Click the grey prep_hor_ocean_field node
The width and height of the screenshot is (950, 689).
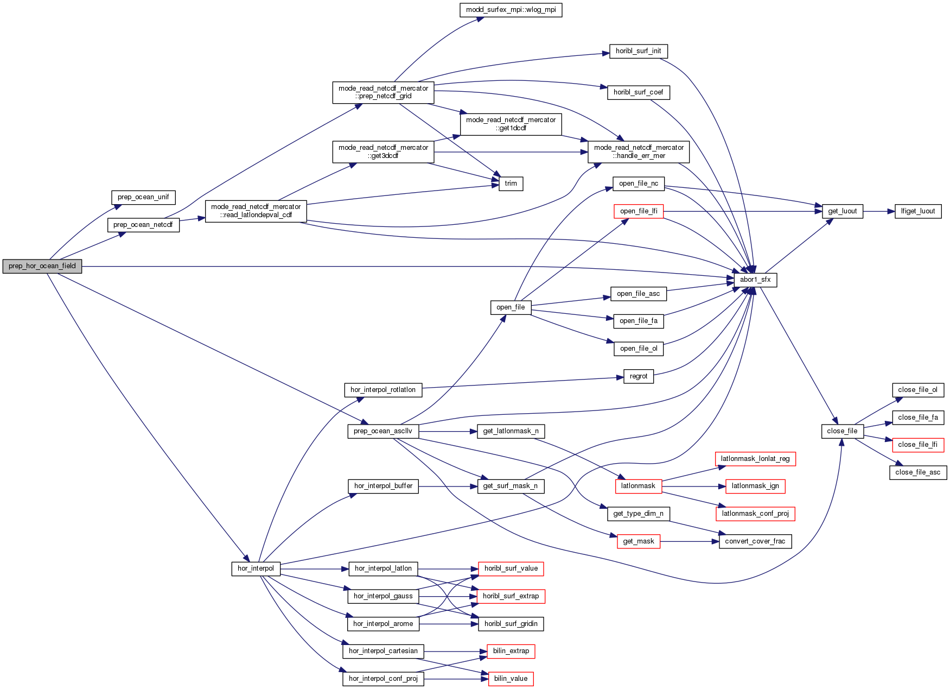[x=42, y=266]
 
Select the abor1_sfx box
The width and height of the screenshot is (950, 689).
[x=755, y=280]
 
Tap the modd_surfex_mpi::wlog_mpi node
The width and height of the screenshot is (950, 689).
[x=511, y=10]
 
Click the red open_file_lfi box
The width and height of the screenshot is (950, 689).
[x=639, y=211]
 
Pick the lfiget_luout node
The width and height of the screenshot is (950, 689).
[x=918, y=211]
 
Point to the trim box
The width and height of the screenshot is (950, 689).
[x=511, y=184]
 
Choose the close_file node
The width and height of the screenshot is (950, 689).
[x=842, y=431]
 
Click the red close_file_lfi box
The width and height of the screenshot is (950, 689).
[x=917, y=445]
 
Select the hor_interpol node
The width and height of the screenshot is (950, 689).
[x=256, y=568]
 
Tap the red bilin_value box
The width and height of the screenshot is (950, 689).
[x=511, y=679]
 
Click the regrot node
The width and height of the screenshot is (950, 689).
[x=639, y=376]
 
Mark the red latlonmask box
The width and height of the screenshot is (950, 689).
[x=638, y=486]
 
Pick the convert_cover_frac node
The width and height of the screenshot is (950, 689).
[x=755, y=541]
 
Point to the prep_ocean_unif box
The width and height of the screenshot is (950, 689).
[x=143, y=197]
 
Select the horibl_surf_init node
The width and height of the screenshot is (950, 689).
[x=638, y=51]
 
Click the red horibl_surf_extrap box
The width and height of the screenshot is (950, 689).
[x=511, y=596]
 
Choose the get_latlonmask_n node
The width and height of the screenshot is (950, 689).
[x=511, y=431]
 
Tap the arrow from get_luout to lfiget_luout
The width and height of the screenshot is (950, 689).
[x=879, y=211]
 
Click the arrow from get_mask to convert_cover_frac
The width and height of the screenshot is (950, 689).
[x=689, y=541]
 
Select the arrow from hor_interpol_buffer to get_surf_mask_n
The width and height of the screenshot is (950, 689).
[x=448, y=486]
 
